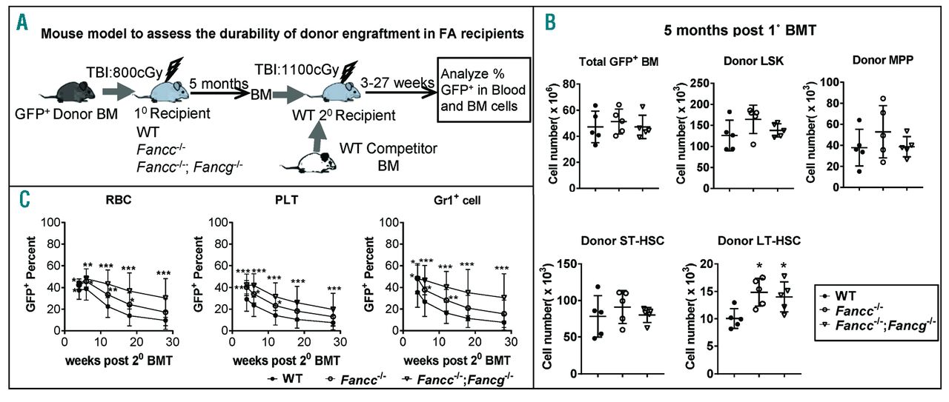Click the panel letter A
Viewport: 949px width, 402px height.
point(23,21)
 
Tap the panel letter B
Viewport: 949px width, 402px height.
point(549,22)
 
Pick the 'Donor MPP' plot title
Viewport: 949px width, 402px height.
point(853,60)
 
